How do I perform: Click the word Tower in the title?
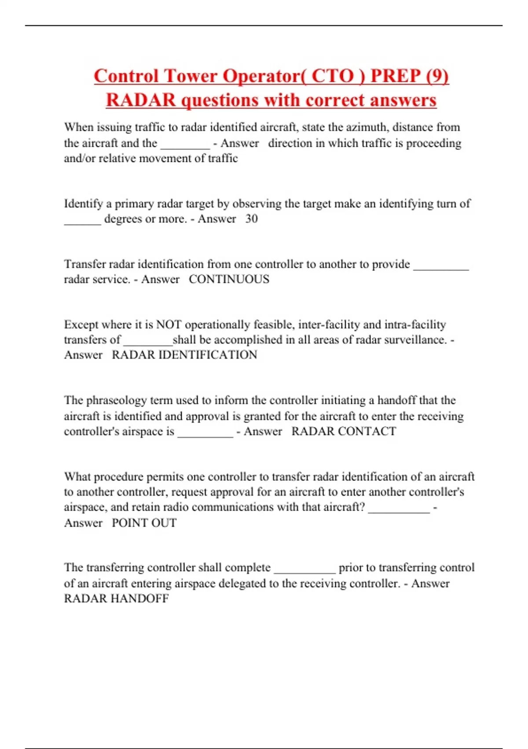click(x=190, y=76)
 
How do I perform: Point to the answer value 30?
click(x=251, y=219)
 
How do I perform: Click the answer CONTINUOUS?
click(x=229, y=279)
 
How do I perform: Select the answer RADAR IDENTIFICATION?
click(x=184, y=355)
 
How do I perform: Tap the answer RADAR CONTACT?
click(x=344, y=431)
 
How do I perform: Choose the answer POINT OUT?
click(x=144, y=523)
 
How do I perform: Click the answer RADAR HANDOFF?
click(x=116, y=599)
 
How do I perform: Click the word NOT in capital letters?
click(x=169, y=325)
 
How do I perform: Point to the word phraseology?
click(x=116, y=400)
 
